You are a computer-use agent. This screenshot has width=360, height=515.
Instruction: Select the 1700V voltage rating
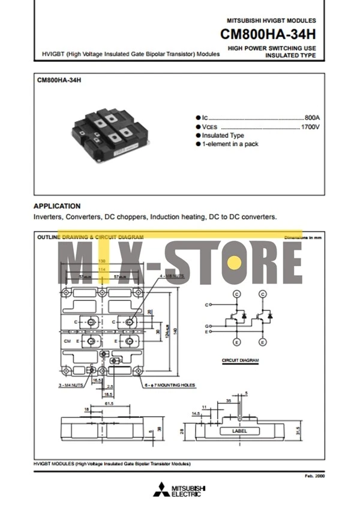pos(310,127)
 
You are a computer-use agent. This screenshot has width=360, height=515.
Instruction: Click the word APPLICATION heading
pos(57,206)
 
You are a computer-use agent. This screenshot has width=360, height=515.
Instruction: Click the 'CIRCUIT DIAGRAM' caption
pos(240,360)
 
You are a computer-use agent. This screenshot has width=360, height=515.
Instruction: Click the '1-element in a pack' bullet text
pos(230,144)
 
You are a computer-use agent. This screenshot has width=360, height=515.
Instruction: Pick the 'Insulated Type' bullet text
pos(223,135)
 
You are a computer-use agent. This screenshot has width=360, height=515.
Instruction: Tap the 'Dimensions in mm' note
pos(303,238)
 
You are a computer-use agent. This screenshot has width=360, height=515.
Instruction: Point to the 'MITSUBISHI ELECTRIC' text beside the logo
pos(188,491)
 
